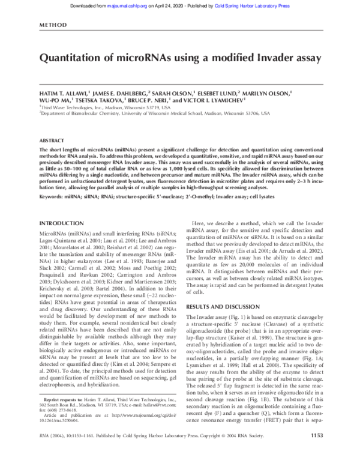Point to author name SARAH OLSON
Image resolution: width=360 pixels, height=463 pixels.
[171, 94]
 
